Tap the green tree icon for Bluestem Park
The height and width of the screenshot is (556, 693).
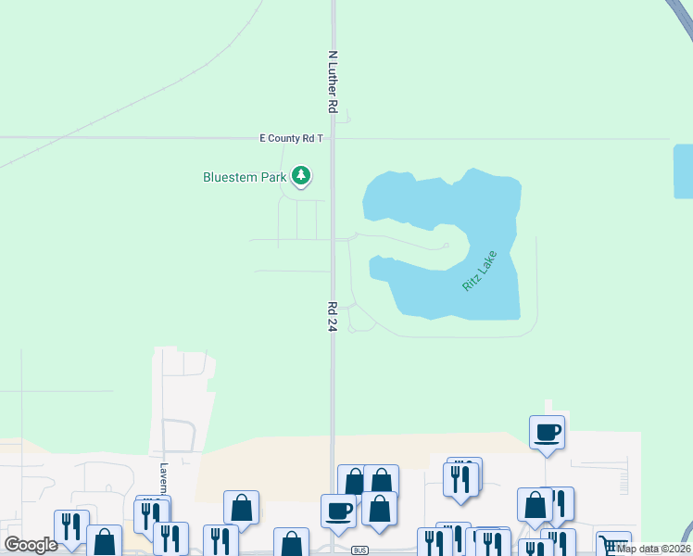click(x=300, y=175)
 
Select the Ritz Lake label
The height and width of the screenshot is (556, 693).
click(x=480, y=272)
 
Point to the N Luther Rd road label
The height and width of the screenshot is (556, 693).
click(x=332, y=82)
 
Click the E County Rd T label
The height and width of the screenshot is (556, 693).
click(x=291, y=138)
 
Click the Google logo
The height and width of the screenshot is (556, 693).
click(x=31, y=545)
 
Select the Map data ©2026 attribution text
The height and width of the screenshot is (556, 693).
click(x=653, y=549)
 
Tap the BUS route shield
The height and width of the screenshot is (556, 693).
click(x=360, y=550)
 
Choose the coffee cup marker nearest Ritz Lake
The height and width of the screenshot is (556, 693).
click(x=547, y=431)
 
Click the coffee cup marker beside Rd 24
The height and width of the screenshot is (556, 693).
click(x=338, y=510)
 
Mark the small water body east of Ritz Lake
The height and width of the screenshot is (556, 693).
click(x=683, y=171)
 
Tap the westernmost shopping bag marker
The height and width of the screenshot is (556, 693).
click(x=104, y=541)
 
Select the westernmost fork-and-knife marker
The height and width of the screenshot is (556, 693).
click(x=71, y=525)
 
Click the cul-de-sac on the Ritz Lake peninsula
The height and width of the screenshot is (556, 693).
click(x=447, y=246)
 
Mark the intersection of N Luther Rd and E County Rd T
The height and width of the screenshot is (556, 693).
click(x=333, y=138)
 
